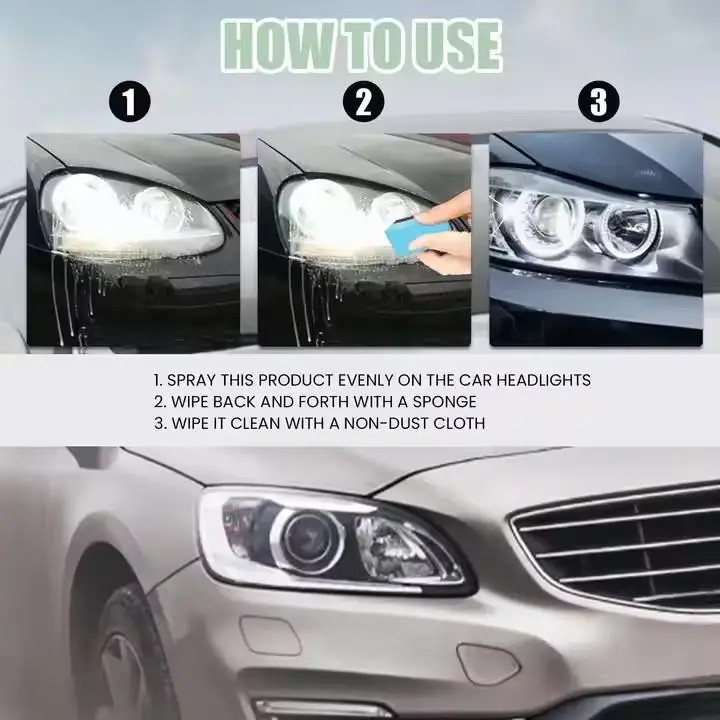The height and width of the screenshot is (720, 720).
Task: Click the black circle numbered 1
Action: tap(129, 101)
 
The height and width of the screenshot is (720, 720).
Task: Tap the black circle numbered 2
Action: tap(364, 101)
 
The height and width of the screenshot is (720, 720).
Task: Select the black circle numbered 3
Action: tap(598, 101)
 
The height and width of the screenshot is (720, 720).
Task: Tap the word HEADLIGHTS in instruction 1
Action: tap(544, 380)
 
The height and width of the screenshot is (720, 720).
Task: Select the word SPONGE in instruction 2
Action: tap(444, 402)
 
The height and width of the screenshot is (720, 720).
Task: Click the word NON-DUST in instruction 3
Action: tap(386, 423)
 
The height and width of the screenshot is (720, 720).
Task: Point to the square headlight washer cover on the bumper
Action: tap(271, 636)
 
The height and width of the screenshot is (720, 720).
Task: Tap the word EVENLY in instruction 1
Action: tap(363, 380)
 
